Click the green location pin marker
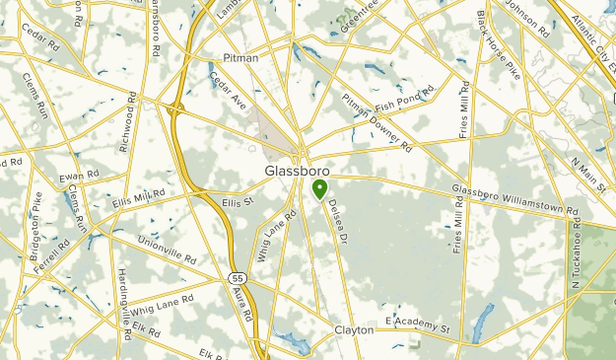point(319,188)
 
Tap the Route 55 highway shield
point(238,279)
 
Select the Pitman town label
point(240,58)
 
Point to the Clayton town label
point(354,329)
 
